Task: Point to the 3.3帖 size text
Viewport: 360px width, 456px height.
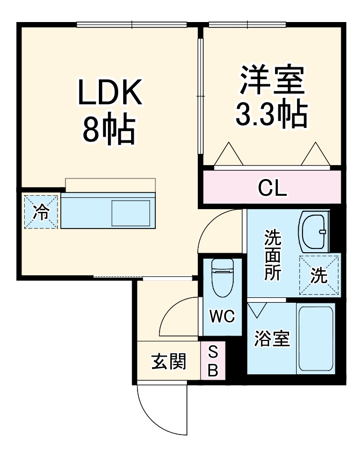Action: [x=272, y=113]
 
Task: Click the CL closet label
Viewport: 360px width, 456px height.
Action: [x=272, y=188]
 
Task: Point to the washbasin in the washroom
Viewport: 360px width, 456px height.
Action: [x=314, y=231]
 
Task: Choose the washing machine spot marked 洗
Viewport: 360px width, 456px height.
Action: [x=319, y=275]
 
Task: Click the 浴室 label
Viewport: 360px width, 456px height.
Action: [x=272, y=340]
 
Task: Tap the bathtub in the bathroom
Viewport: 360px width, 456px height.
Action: [x=316, y=339]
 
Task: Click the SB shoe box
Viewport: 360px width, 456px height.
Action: [x=213, y=361]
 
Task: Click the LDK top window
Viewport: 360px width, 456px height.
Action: [x=132, y=24]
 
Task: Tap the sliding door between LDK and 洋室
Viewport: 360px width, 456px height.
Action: [x=200, y=97]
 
